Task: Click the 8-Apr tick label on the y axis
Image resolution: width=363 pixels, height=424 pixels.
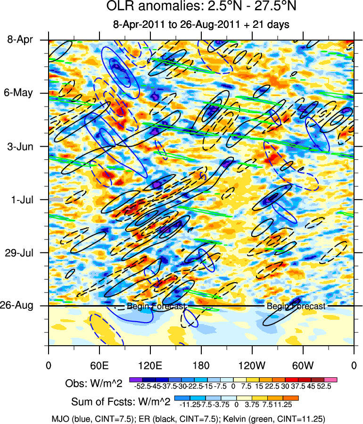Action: click(x=20, y=40)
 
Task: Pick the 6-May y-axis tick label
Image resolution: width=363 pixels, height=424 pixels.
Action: click(x=20, y=93)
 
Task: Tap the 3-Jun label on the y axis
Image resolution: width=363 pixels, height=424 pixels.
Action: click(x=20, y=146)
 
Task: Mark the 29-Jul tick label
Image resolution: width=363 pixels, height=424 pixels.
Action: click(x=20, y=253)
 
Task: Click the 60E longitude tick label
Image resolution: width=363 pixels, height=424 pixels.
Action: click(x=99, y=365)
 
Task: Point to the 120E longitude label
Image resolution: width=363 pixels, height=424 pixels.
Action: click(x=150, y=365)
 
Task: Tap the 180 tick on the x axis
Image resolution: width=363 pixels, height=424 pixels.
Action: click(x=201, y=365)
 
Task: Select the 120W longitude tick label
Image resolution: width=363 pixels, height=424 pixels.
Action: click(x=252, y=365)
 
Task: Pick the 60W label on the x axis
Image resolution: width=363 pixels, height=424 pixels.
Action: click(x=303, y=365)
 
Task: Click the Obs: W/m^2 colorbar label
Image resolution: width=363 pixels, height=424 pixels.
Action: click(x=93, y=384)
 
